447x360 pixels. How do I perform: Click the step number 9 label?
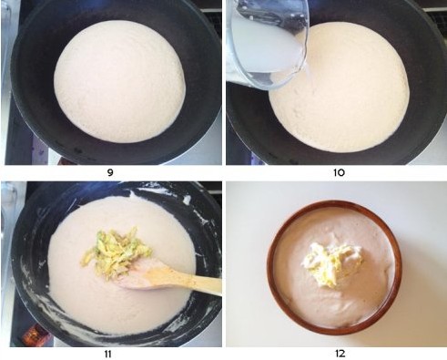[x=110, y=172]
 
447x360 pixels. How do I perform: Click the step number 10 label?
[x=339, y=172]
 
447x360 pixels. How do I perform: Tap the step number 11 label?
[x=107, y=354]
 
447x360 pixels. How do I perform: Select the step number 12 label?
[x=340, y=354]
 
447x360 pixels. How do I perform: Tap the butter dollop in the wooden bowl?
[x=332, y=264]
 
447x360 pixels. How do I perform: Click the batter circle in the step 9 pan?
[x=119, y=81]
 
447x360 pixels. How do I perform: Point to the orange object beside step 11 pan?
[x=35, y=334]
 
